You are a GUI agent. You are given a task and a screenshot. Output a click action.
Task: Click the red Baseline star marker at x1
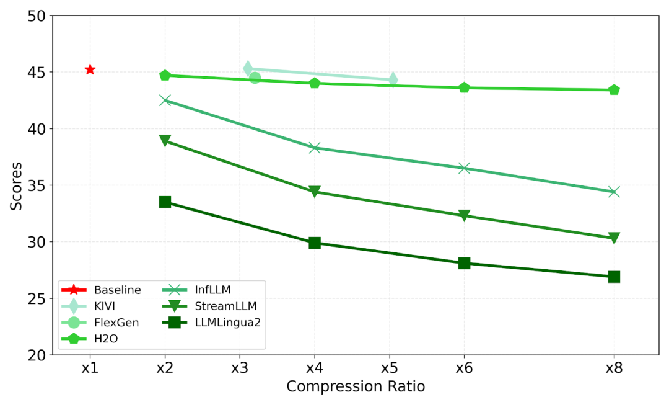(x=90, y=69)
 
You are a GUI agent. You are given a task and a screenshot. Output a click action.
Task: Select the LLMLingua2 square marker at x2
(x=165, y=202)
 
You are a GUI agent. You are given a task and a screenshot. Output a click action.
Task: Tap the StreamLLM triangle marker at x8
(x=614, y=238)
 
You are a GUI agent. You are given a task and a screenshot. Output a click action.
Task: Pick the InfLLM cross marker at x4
(x=315, y=148)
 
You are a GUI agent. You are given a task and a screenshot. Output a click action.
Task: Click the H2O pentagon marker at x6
(x=464, y=87)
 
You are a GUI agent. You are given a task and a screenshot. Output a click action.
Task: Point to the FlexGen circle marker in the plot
(x=255, y=78)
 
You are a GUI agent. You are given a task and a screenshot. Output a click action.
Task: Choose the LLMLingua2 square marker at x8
(x=614, y=277)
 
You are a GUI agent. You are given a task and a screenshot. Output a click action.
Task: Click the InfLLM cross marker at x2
(x=165, y=100)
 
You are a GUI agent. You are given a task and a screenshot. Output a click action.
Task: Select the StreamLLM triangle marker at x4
(x=315, y=192)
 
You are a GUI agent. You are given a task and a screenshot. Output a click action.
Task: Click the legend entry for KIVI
(x=105, y=306)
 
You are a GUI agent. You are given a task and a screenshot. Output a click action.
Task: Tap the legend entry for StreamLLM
(x=225, y=306)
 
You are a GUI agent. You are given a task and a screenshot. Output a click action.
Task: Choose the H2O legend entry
(x=105, y=338)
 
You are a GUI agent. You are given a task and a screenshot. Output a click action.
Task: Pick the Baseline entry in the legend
(x=117, y=290)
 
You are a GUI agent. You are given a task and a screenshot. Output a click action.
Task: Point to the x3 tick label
(x=240, y=368)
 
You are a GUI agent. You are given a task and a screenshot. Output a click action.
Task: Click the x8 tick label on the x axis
(x=614, y=368)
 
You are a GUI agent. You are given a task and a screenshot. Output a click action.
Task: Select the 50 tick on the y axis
(x=37, y=16)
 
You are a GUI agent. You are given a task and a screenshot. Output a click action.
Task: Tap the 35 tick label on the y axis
(x=37, y=185)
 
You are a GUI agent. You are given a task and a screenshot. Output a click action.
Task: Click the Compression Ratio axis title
(x=356, y=386)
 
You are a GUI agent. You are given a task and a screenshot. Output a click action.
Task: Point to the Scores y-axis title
(x=16, y=185)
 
